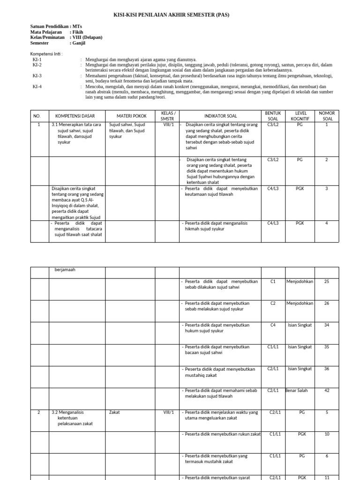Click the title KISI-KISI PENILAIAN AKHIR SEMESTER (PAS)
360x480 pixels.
[172, 15]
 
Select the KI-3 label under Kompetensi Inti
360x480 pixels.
[37, 75]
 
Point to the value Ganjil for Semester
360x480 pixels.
[79, 43]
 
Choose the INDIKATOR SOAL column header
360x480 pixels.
[220, 116]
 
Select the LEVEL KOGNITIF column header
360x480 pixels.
[300, 116]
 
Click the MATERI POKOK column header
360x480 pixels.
[131, 116]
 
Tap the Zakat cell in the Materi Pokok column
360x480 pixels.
[114, 412]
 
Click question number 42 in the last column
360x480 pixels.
[326, 390]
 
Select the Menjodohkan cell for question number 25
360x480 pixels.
[300, 282]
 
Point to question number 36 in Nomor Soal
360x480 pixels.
[326, 369]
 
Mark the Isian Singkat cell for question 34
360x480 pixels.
[300, 325]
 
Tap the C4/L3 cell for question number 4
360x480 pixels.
[273, 223]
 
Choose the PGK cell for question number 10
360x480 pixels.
[301, 434]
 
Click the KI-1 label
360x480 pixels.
[37, 60]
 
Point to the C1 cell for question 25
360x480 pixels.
[273, 282]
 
